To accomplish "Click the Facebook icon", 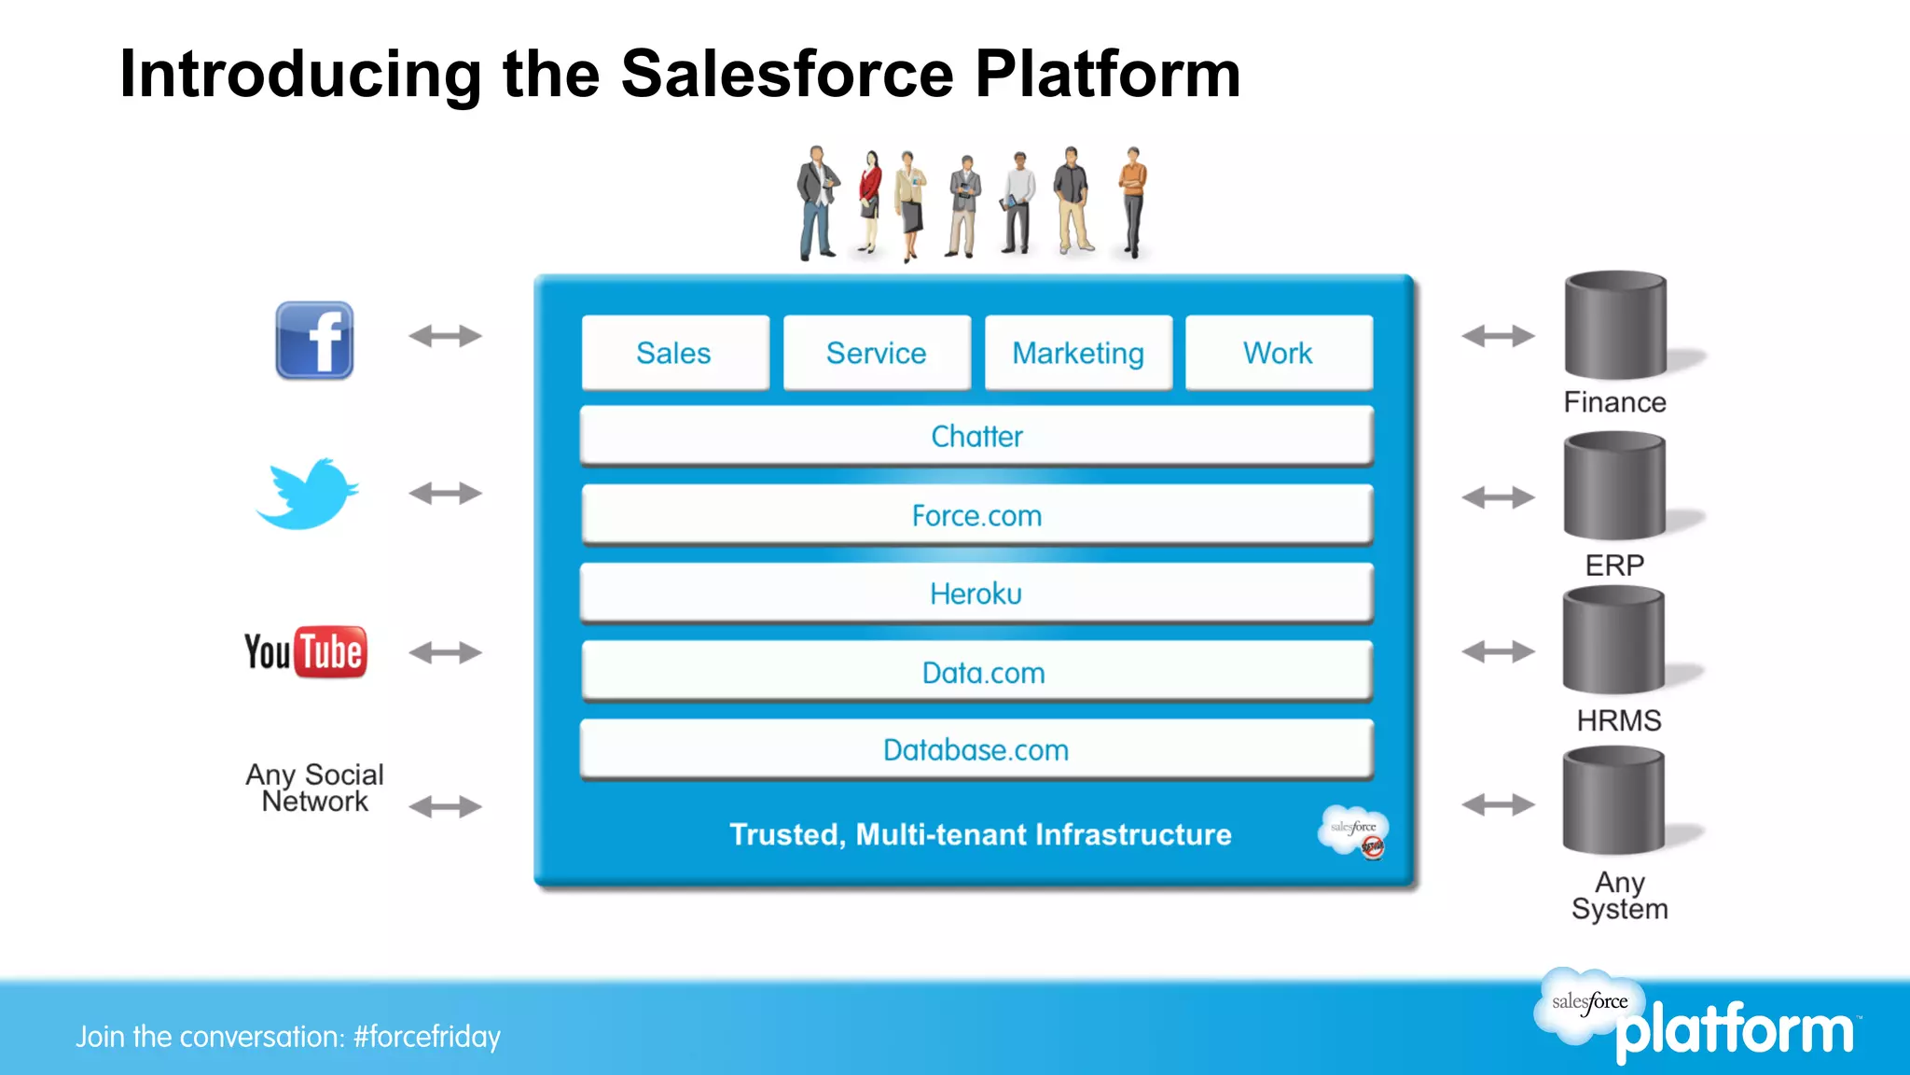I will pyautogui.click(x=314, y=340).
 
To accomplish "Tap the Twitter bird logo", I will pyautogui.click(x=308, y=494).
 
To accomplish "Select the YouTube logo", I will pyautogui.click(x=306, y=651).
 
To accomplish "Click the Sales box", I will pyautogui.click(x=674, y=353).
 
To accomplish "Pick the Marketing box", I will pyautogui.click(x=1078, y=353).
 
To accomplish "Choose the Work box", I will pyautogui.click(x=1278, y=353).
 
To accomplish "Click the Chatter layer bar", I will pyautogui.click(x=976, y=436).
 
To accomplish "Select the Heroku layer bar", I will pyautogui.click(x=976, y=593).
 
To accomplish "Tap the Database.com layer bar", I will pyautogui.click(x=976, y=749).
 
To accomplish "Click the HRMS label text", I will pyautogui.click(x=1619, y=720).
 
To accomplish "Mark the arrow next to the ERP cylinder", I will pyautogui.click(x=1498, y=497).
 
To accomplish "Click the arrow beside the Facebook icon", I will pyautogui.click(x=445, y=336).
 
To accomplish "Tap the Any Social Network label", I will pyautogui.click(x=314, y=788).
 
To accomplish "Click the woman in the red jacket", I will pyautogui.click(x=869, y=201).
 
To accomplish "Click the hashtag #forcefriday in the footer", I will pyautogui.click(x=427, y=1037).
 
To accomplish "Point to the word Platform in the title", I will pyautogui.click(x=1108, y=74).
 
